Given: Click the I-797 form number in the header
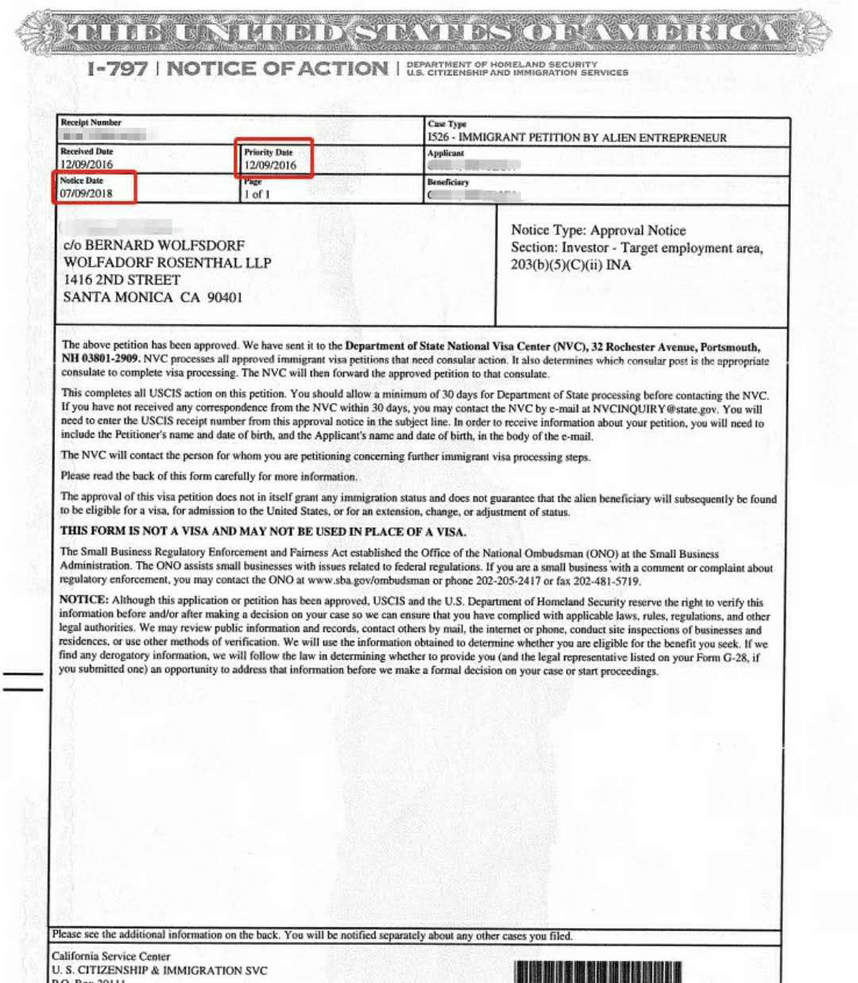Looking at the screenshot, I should coord(118,69).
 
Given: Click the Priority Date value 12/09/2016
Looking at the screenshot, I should coord(270,165).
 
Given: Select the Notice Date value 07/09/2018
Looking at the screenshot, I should coord(87,193).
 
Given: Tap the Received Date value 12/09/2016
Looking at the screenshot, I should coord(87,164).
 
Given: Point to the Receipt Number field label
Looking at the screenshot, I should coord(91,122).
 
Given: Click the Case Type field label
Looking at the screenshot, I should coord(447,124).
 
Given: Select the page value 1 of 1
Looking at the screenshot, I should coord(257,194).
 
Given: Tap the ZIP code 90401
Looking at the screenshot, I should coord(225,297).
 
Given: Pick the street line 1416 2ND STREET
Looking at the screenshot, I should coord(122,279).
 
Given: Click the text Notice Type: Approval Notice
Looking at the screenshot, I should coord(598,230).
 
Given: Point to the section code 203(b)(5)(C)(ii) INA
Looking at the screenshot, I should coord(570,264).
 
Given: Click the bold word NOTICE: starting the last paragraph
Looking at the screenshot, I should coord(83,600).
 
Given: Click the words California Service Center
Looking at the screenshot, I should coord(111,956).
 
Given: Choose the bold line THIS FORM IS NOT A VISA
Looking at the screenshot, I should coord(263,531).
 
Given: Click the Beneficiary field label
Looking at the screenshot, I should coord(448,182).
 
